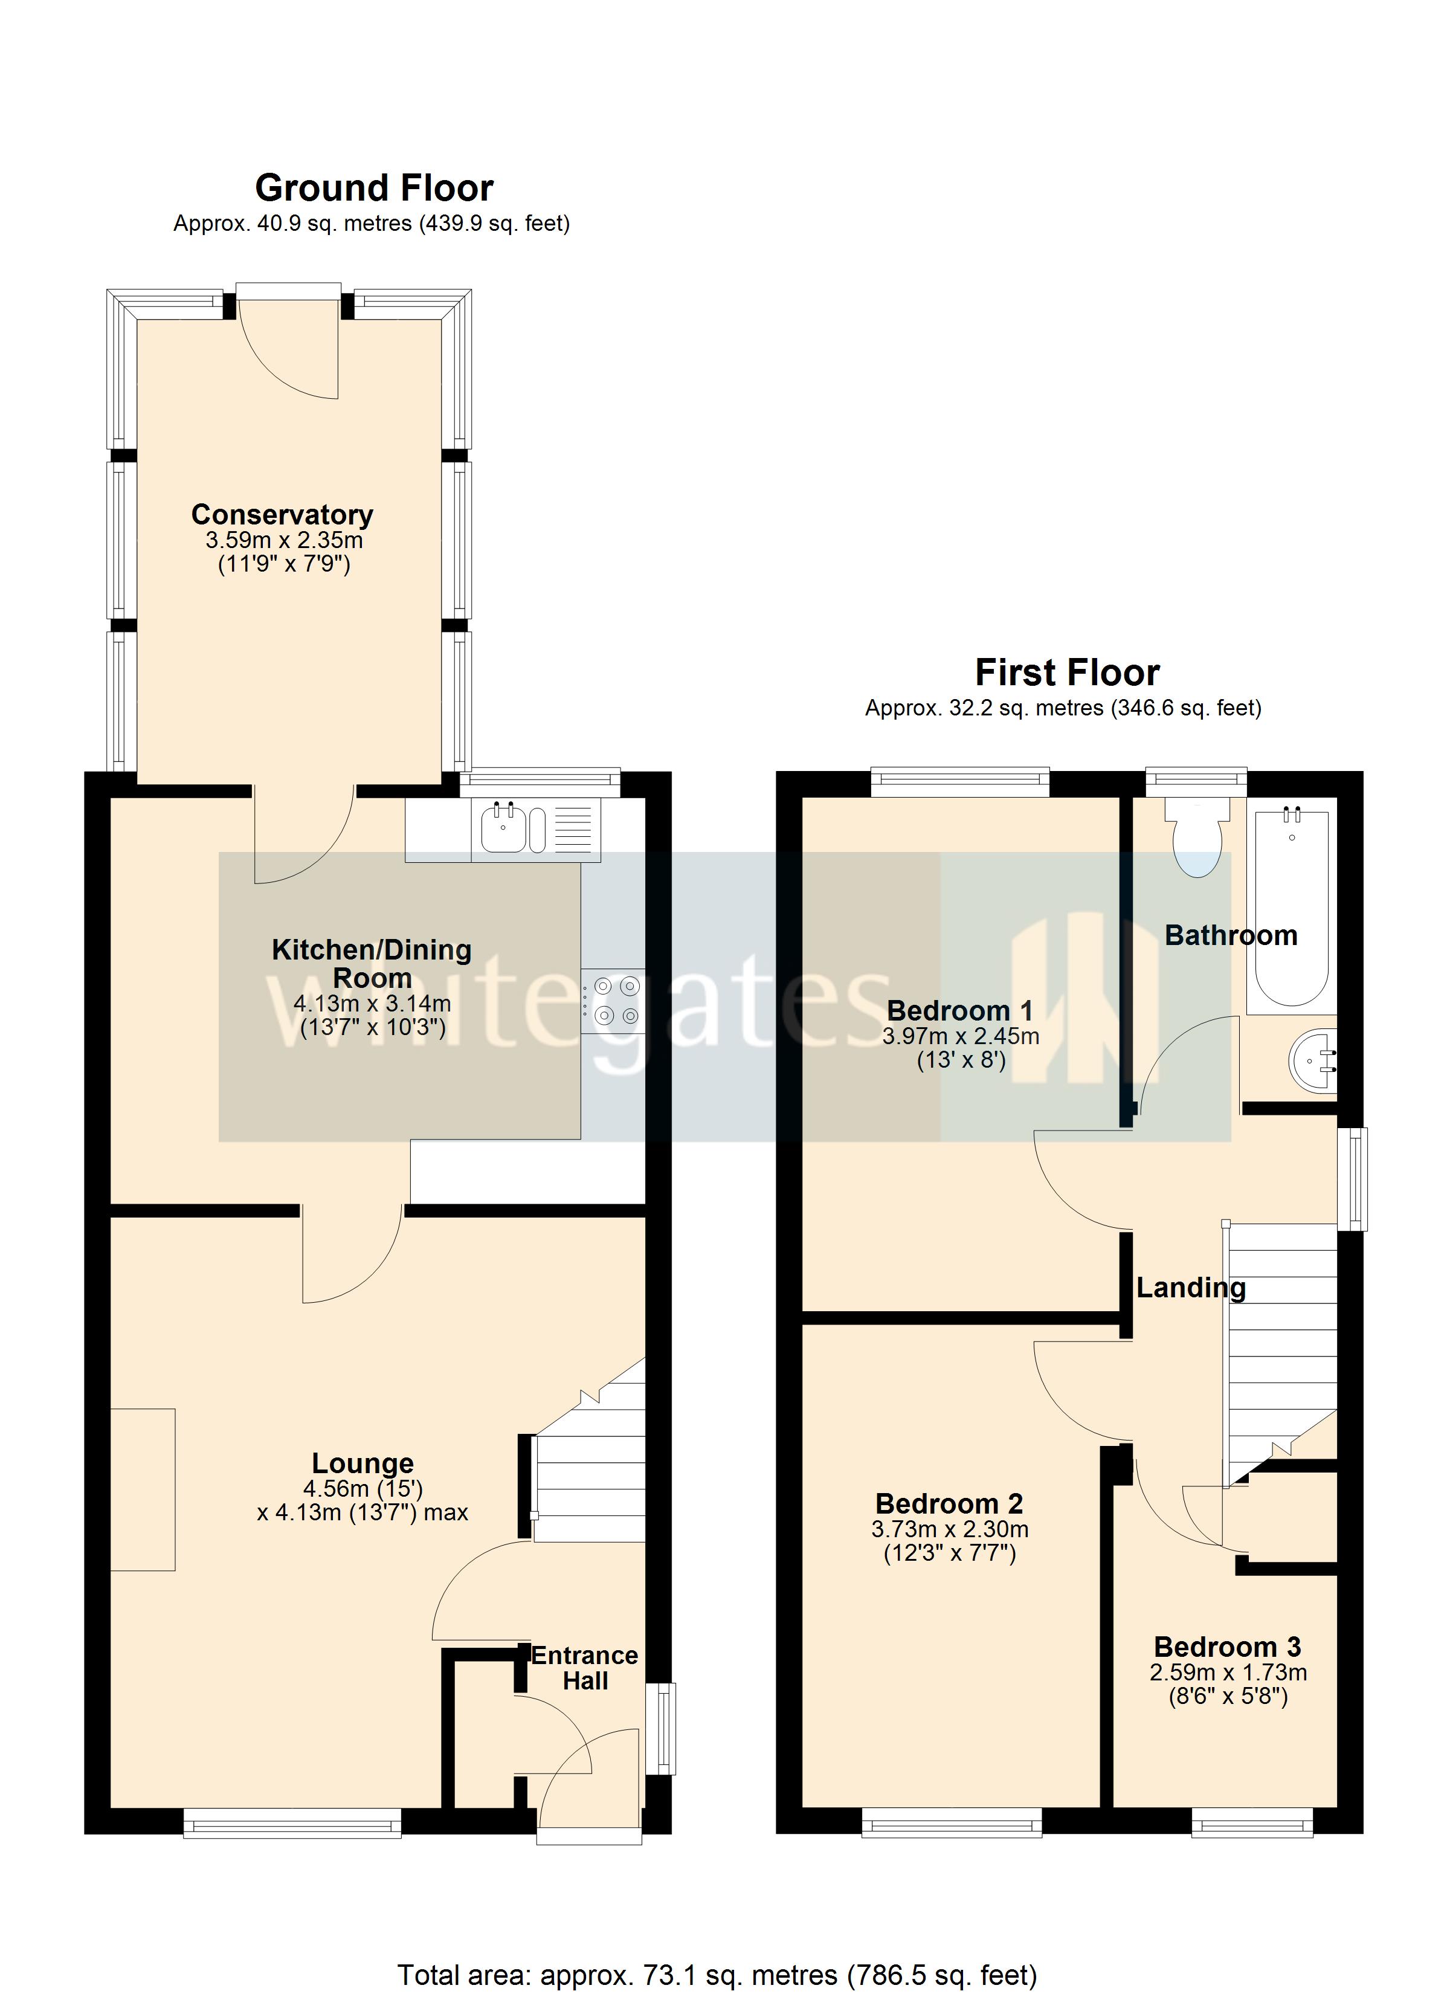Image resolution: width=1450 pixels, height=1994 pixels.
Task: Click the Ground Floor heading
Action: pyautogui.click(x=374, y=188)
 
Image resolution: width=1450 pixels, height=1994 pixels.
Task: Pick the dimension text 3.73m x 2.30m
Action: pyautogui.click(x=950, y=1531)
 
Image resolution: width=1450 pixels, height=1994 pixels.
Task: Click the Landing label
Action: pyautogui.click(x=1191, y=1288)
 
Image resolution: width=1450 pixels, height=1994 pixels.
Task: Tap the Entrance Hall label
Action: pyautogui.click(x=585, y=1669)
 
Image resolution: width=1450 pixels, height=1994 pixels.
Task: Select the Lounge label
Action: pyautogui.click(x=362, y=1464)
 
